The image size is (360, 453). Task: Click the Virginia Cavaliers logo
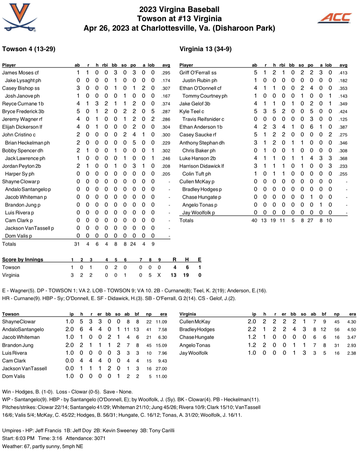pos(20,18)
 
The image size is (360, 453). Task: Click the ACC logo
pos(335,18)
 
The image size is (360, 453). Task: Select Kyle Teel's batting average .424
pos(343,112)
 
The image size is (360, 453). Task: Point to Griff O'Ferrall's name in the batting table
pos(198,73)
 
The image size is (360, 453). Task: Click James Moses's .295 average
pos(166,73)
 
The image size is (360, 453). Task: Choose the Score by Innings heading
pos(23,260)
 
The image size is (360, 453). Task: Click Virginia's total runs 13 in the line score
pos(173,275)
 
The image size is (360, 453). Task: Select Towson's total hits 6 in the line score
pos(187,267)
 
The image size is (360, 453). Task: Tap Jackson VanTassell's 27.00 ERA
pos(161,369)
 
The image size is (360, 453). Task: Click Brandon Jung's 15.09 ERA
pos(161,346)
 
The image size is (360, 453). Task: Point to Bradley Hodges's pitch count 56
pos(337,330)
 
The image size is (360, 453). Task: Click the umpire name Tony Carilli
pos(162,430)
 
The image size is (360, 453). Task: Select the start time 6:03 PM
pos(25,438)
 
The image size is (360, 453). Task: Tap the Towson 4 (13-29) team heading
pos(29,49)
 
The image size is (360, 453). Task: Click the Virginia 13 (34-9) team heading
pos(205,49)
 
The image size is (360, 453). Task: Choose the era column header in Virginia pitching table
pos(352,314)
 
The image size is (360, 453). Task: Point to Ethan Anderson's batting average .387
pos(343,127)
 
